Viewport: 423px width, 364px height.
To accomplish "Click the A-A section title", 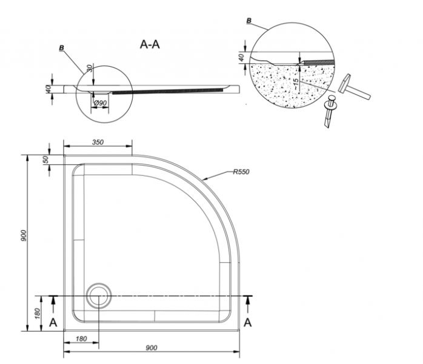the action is (150, 44).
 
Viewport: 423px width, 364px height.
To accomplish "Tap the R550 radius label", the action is (241, 172).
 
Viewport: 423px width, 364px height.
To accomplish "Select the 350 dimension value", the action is (98, 142).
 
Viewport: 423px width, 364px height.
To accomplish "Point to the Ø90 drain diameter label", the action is (101, 103).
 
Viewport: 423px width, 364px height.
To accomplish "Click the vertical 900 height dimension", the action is (24, 235).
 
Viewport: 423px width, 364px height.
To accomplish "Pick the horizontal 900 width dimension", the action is (152, 348).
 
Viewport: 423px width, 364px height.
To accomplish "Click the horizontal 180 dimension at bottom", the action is (81, 339).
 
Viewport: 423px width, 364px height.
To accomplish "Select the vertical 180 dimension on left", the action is (38, 313).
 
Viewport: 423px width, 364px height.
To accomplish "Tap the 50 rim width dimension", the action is (46, 160).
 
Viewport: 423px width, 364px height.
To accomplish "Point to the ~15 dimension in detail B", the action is (296, 84).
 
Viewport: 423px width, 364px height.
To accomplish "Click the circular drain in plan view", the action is (99, 295).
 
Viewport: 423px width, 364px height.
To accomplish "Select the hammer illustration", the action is (353, 88).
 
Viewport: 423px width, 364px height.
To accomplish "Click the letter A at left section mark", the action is (53, 322).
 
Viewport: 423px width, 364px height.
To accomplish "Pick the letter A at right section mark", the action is (247, 322).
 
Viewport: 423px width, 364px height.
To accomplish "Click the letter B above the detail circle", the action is (249, 21).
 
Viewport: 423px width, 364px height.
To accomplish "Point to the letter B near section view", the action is (62, 48).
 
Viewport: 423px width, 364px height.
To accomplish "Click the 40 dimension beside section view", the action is (48, 89).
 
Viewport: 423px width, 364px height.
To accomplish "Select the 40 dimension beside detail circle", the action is (242, 57).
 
